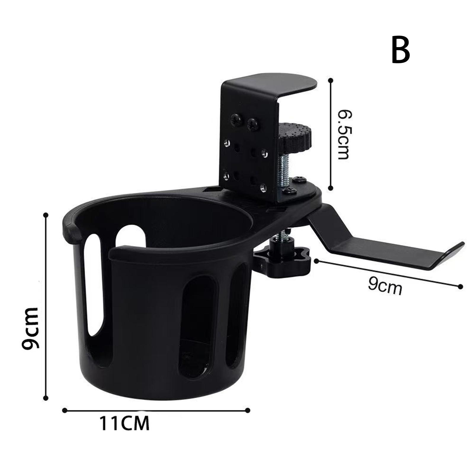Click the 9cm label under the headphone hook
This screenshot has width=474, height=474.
point(385,286)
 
